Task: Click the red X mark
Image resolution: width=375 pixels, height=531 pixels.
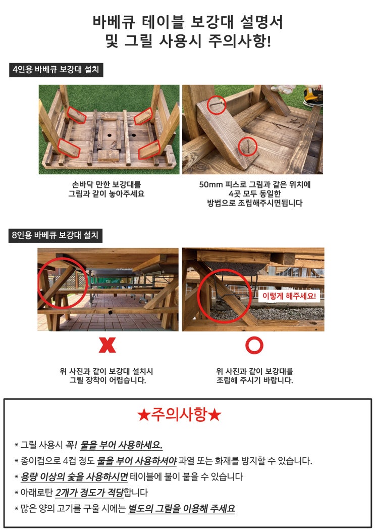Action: (108, 345)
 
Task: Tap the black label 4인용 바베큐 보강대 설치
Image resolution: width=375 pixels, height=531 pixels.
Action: (56, 70)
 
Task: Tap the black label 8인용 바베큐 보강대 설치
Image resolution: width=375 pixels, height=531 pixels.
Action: (56, 235)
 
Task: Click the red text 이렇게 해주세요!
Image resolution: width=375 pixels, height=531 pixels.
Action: (289, 296)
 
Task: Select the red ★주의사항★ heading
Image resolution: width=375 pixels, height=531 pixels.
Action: (180, 414)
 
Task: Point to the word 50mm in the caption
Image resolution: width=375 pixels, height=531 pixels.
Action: (210, 184)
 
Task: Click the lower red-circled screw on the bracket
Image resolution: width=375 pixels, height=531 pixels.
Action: (248, 147)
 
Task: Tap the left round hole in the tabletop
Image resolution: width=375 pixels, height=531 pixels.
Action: (110, 135)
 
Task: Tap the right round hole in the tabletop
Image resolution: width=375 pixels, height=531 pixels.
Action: (134, 135)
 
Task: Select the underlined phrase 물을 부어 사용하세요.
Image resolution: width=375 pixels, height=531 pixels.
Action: (121, 445)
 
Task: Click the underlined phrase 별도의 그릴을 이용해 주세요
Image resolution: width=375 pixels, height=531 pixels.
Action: (181, 508)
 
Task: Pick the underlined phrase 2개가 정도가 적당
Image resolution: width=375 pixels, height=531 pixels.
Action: (89, 493)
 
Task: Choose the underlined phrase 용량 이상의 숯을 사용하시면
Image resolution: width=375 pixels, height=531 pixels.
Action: (74, 477)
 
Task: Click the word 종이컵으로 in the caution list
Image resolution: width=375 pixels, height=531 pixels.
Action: (41, 461)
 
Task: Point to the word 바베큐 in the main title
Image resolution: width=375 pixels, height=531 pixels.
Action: (114, 22)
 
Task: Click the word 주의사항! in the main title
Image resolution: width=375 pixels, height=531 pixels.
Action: (239, 41)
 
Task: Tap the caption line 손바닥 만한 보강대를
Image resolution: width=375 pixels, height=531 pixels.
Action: (106, 184)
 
